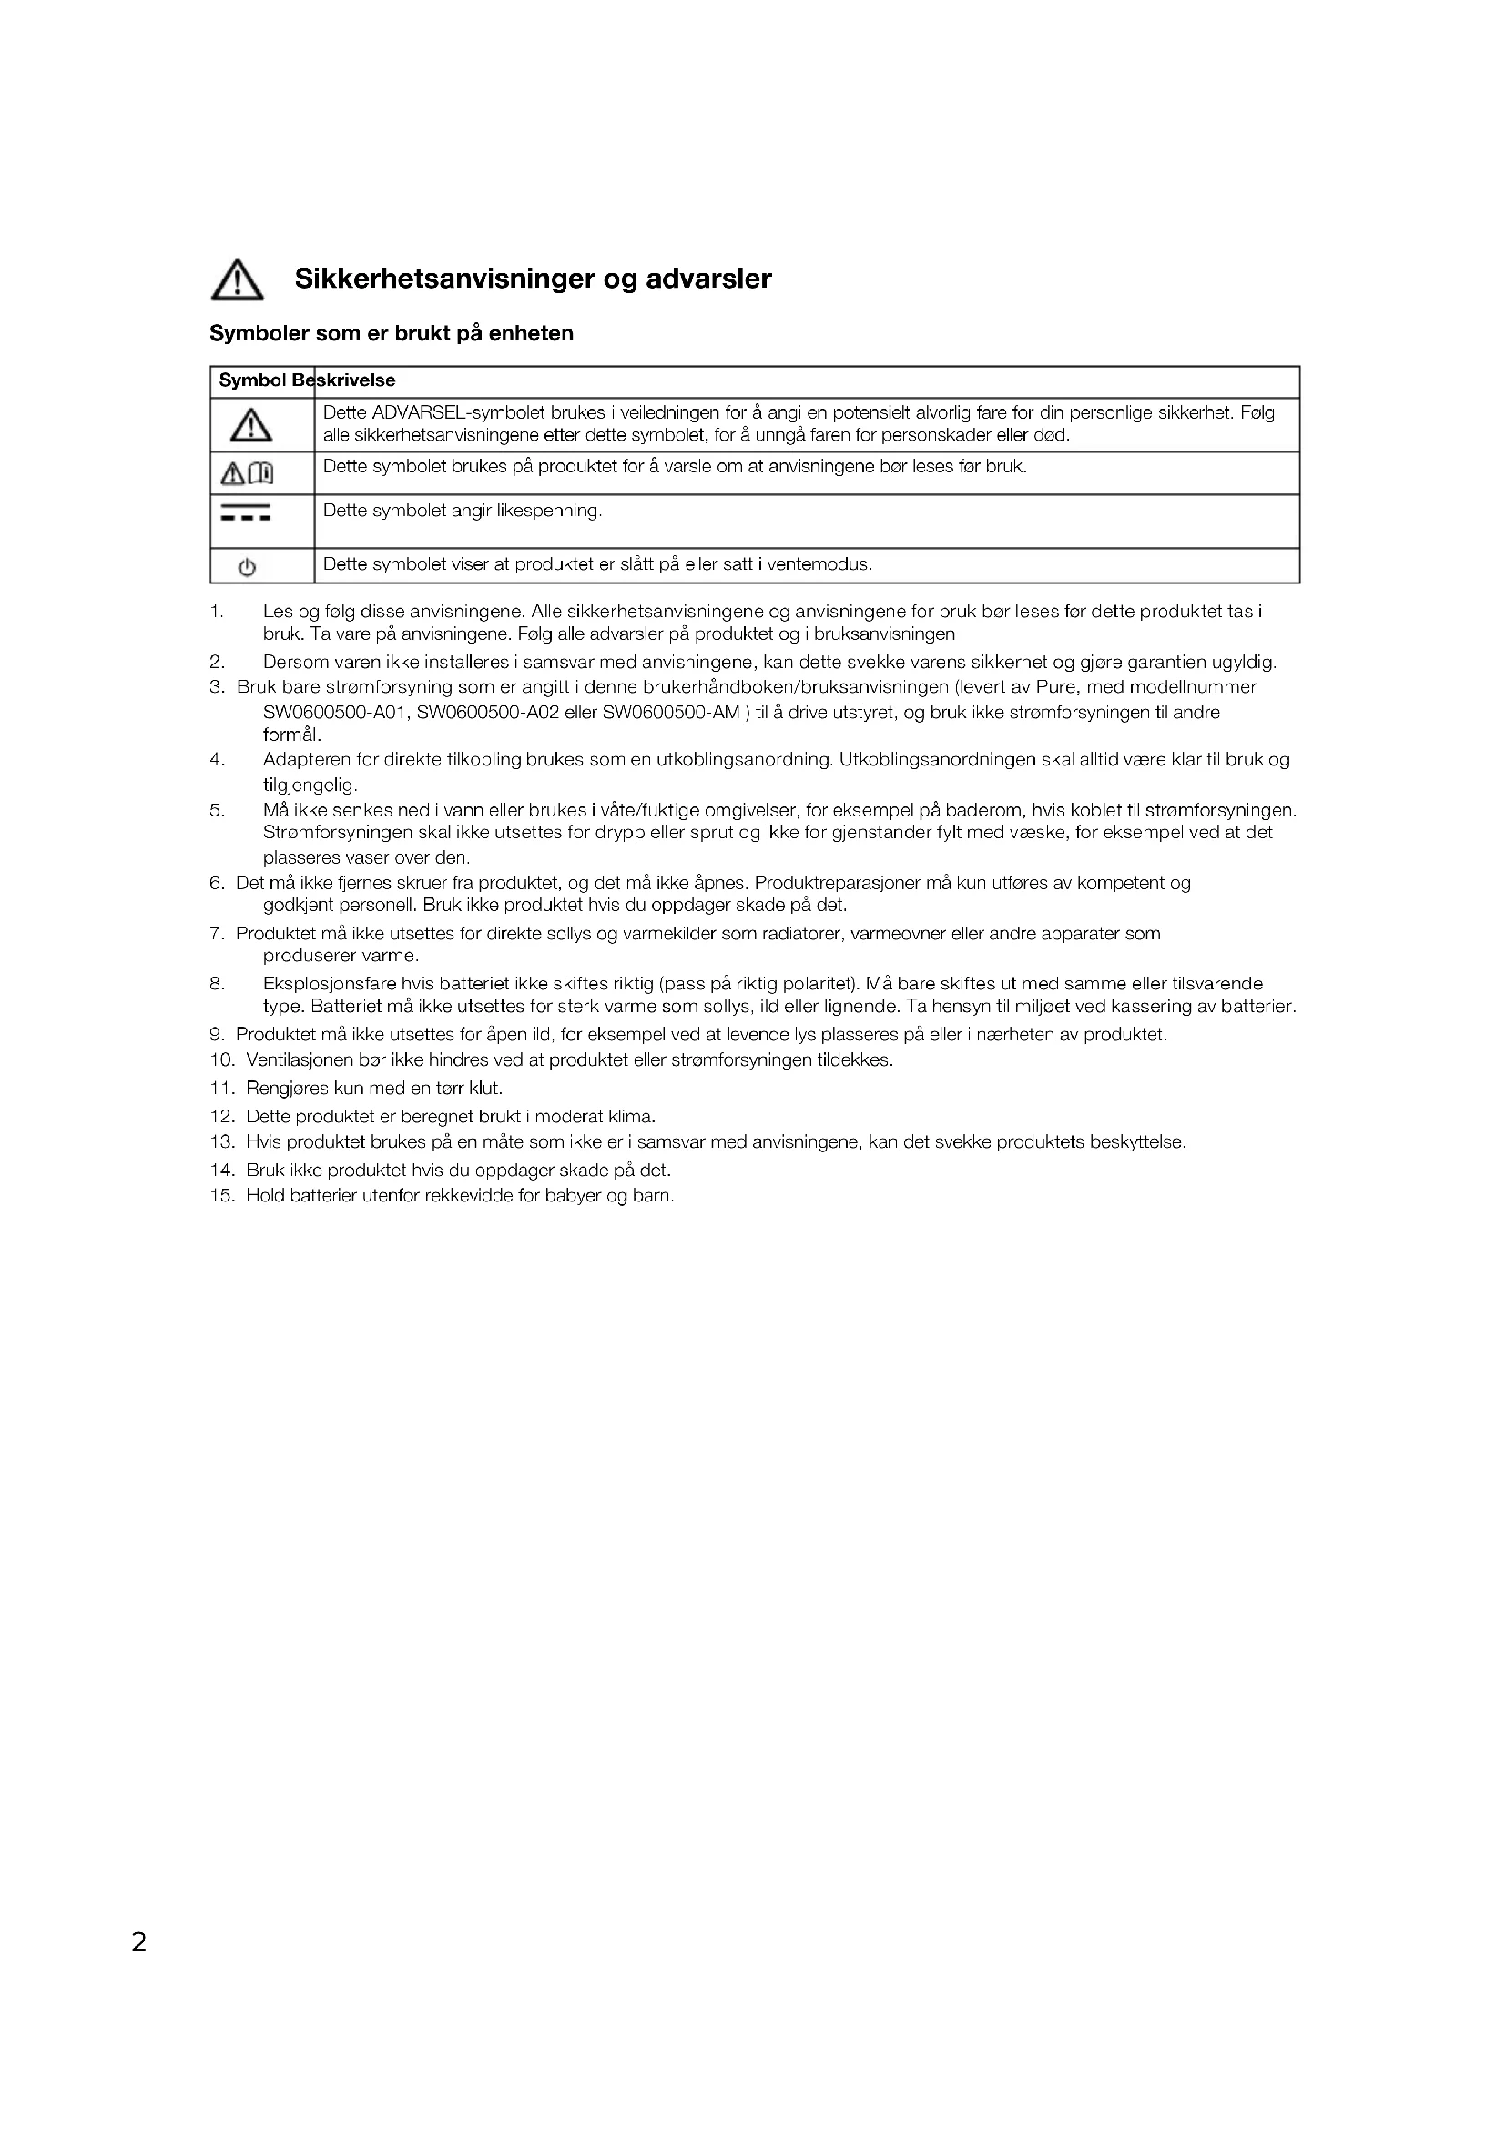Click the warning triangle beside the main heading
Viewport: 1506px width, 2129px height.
[x=238, y=280]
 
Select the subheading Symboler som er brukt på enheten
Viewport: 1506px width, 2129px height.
[x=392, y=334]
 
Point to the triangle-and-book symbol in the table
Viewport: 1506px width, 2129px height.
[x=247, y=475]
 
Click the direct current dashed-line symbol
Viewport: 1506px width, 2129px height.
[x=246, y=512]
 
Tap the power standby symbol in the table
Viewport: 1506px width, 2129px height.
[x=247, y=567]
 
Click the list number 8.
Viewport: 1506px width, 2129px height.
[x=217, y=984]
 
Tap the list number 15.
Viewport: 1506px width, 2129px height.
[x=222, y=1196]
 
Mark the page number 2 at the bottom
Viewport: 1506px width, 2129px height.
[x=139, y=1941]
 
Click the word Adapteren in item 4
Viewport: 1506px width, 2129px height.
[x=307, y=760]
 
